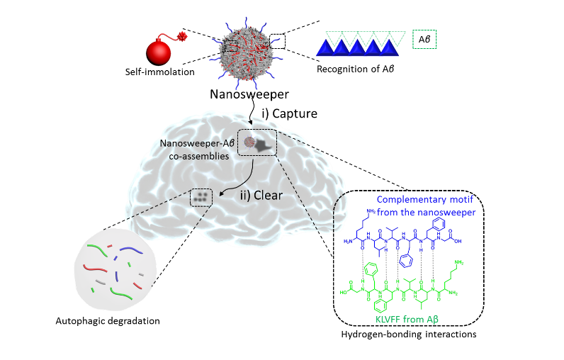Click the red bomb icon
coord(162,53)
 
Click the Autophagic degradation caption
coord(103,321)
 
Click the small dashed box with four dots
coord(201,198)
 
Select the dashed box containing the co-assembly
coord(256,145)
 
